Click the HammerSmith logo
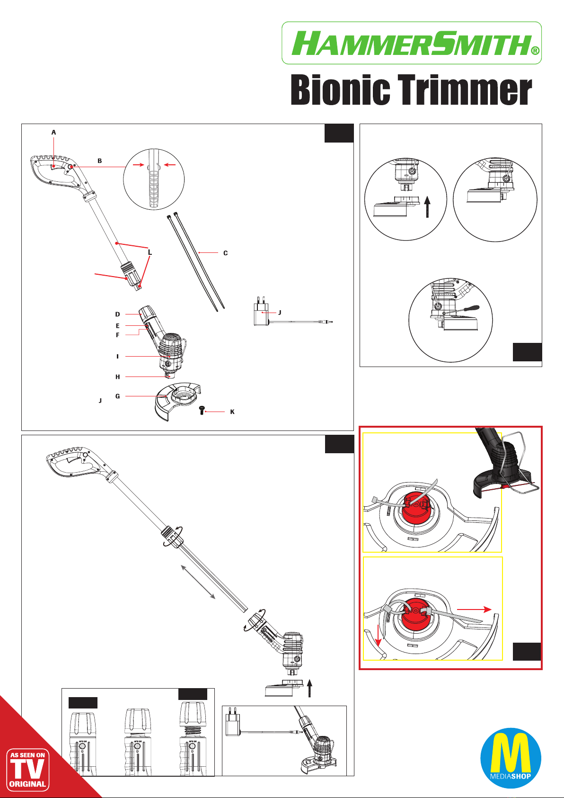point(411,43)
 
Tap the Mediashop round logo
point(511,758)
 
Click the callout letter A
point(53,133)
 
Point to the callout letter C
point(226,253)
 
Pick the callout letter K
point(232,412)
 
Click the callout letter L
point(150,252)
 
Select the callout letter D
point(118,314)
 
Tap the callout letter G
point(118,396)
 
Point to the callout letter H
point(118,377)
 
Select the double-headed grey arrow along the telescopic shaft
point(199,582)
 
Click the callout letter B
point(100,161)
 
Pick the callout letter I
point(117,356)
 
